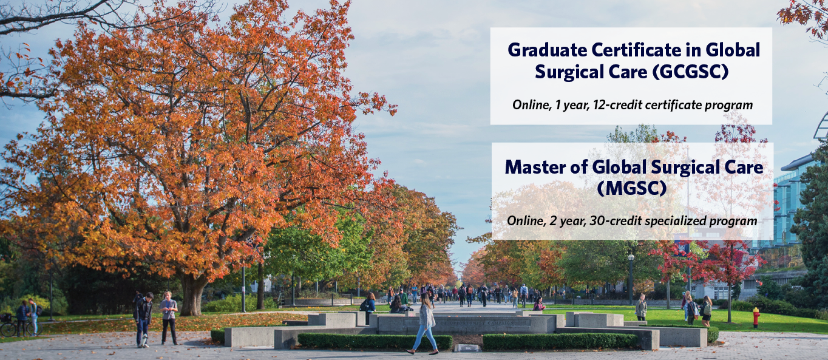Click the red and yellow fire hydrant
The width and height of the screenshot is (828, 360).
pyautogui.click(x=756, y=318)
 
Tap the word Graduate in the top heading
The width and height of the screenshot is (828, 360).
pyautogui.click(x=547, y=50)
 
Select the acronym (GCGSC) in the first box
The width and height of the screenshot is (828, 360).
pyautogui.click(x=690, y=72)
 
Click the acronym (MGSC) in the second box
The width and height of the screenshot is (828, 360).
pyautogui.click(x=632, y=188)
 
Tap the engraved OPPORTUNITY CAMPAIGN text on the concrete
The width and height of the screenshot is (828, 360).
pyautogui.click(x=477, y=323)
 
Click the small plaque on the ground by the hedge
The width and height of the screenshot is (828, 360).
pyautogui.click(x=467, y=348)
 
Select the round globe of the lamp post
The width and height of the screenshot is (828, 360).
pyautogui.click(x=631, y=257)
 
